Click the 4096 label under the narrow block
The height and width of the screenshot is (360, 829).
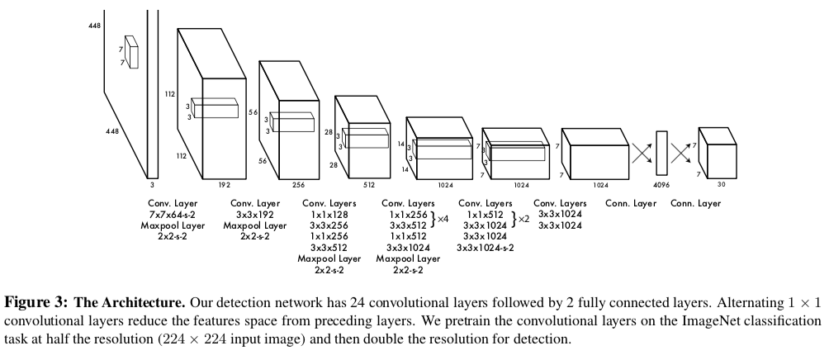point(661,186)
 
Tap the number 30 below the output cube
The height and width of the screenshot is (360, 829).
point(721,186)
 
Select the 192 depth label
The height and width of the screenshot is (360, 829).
point(224,186)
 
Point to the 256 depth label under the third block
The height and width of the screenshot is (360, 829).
point(299,186)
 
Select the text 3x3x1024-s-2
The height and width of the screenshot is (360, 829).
point(485,247)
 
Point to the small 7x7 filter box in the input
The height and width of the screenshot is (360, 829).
point(131,51)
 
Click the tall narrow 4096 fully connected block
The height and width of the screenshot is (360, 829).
point(661,153)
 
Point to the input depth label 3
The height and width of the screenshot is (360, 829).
point(152,175)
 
